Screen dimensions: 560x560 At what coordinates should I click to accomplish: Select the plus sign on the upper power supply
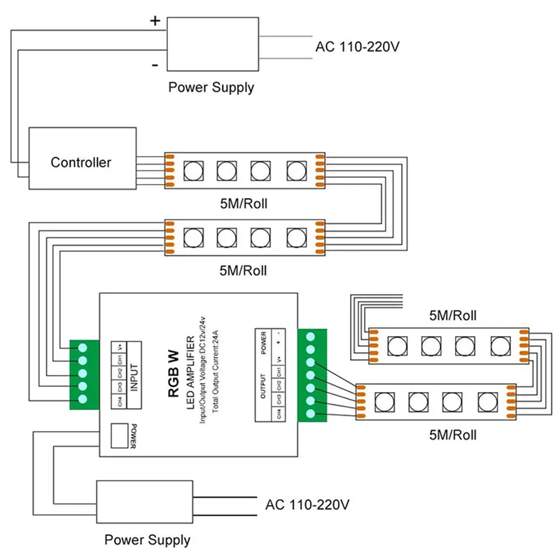tap(155, 21)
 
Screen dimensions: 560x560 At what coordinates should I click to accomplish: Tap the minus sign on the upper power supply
tap(154, 64)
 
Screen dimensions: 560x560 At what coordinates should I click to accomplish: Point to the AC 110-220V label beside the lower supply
tap(308, 504)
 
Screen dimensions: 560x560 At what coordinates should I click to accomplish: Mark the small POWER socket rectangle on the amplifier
tap(120, 435)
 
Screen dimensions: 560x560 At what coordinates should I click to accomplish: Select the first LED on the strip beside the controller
tap(192, 169)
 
